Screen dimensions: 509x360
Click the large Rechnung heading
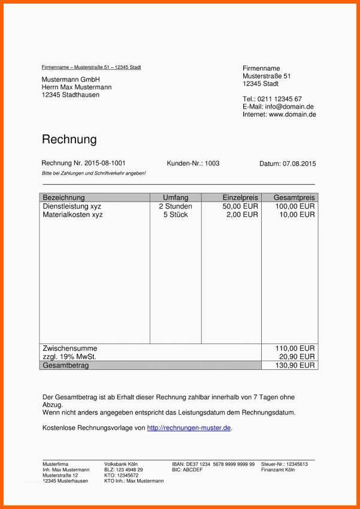pos(69,140)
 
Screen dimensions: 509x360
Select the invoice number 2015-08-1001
pos(105,163)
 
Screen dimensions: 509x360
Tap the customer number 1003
pos(212,163)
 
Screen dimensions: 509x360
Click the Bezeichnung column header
pos(64,197)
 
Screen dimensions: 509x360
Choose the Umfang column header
pos(176,197)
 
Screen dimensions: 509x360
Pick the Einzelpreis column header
pos(240,197)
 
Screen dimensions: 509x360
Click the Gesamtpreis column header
pos(294,197)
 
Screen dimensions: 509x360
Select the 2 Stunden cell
pos(176,206)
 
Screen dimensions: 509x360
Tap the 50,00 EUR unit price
pos(240,206)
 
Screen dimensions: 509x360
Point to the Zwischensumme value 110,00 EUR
pos(295,348)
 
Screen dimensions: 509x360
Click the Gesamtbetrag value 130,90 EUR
pos(295,365)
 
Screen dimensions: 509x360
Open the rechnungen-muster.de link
pos(189,428)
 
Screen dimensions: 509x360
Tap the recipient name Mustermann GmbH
pos(71,80)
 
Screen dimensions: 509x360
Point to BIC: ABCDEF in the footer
pos(187,469)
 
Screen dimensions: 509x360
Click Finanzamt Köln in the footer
pos(278,469)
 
